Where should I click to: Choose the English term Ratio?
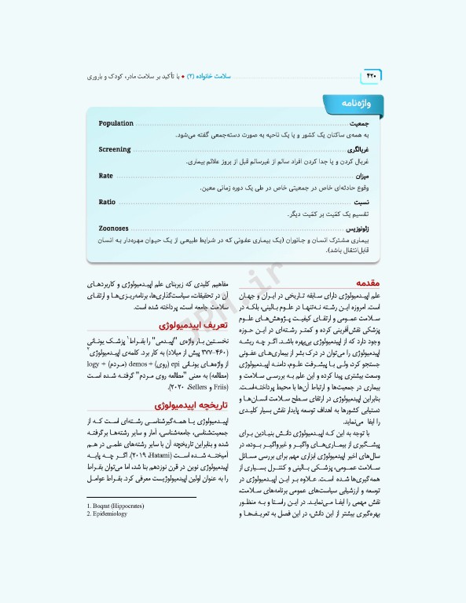coord(107,202)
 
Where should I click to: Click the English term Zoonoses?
coord(114,228)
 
